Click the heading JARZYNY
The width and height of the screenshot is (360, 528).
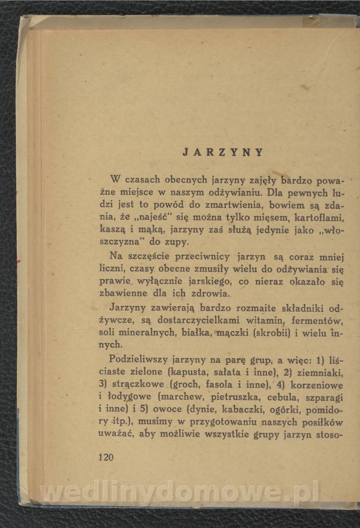(x=223, y=153)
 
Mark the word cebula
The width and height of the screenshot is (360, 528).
(x=287, y=398)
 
